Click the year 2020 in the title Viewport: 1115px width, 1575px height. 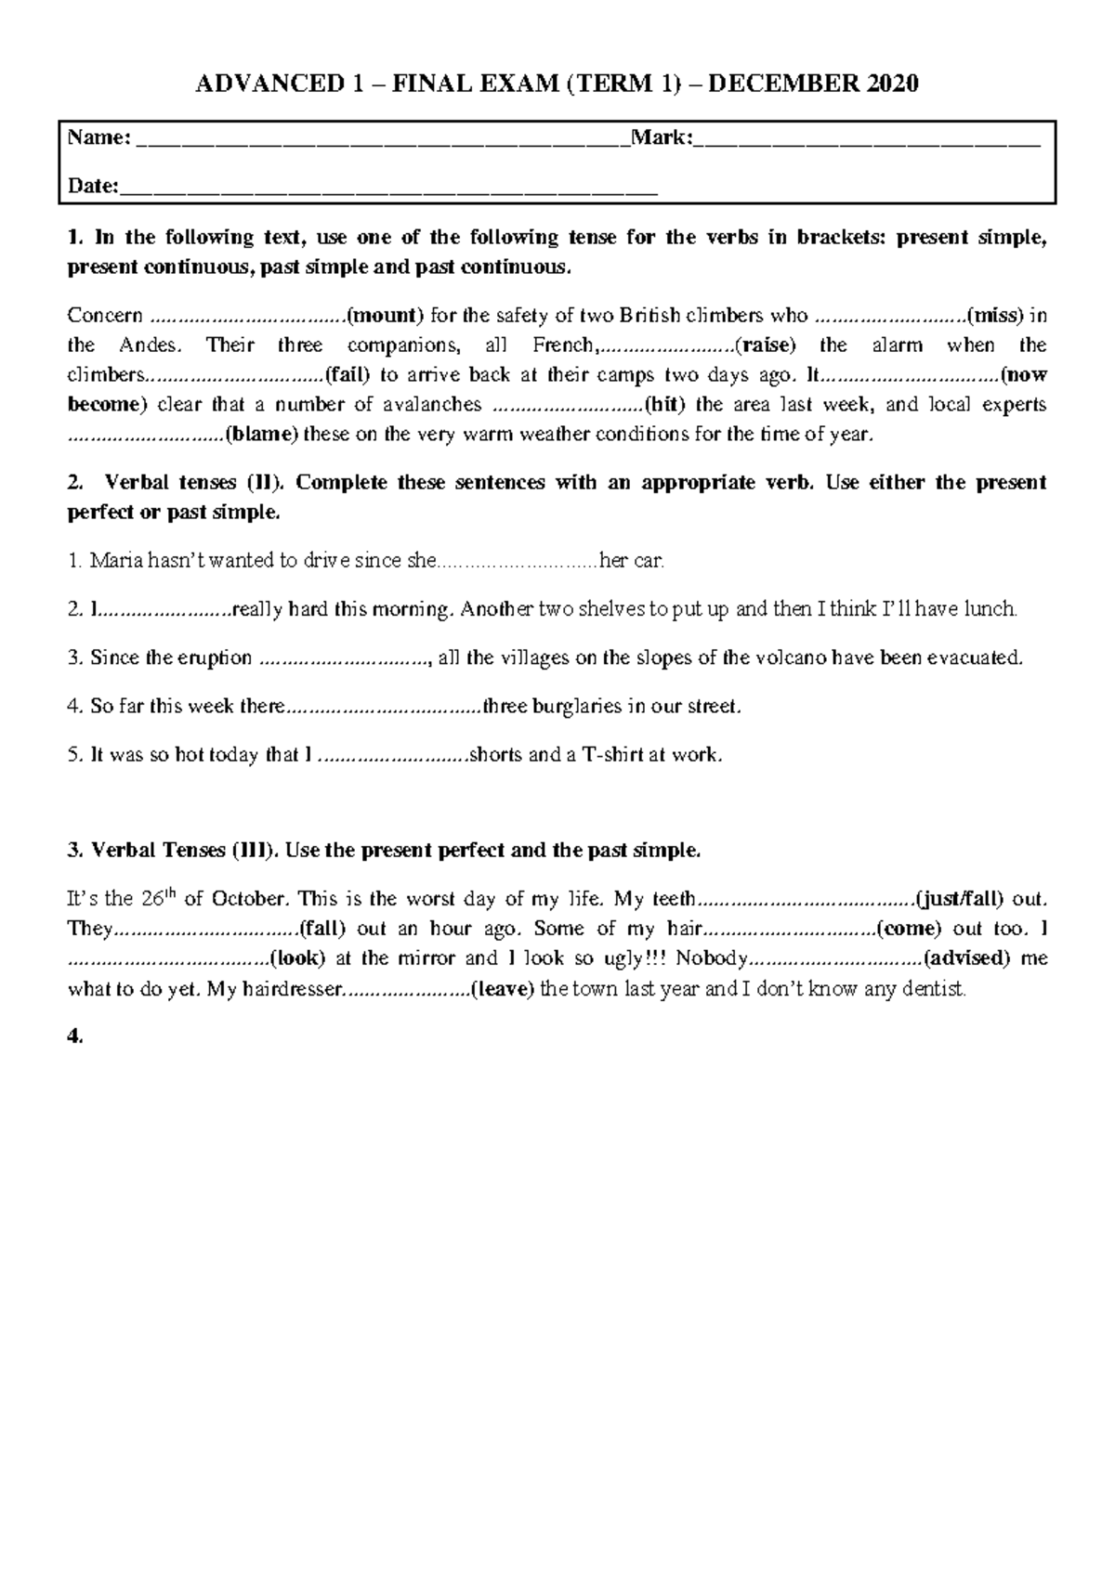coord(893,84)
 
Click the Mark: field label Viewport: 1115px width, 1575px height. coord(662,138)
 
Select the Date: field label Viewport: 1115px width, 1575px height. coord(93,187)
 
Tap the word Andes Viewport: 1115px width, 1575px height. coord(146,345)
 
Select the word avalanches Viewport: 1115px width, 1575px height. coord(432,405)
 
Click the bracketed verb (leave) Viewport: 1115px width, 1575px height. coord(503,989)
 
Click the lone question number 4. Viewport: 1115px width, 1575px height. coord(74,1037)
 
